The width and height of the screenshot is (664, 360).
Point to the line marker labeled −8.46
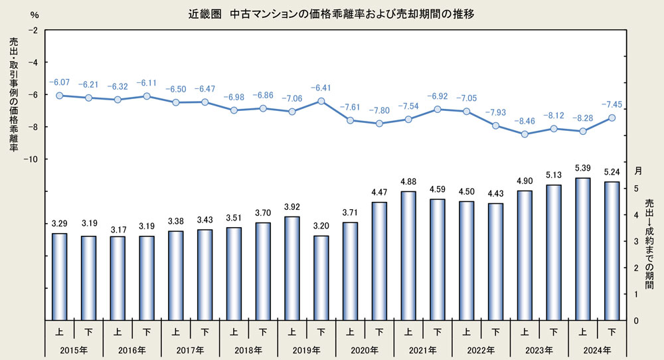coord(525,134)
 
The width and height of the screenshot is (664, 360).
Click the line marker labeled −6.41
coord(321,101)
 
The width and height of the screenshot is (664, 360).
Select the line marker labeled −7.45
coord(612,118)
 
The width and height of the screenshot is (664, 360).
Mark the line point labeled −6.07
coord(59,96)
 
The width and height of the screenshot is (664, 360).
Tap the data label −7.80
coord(379,110)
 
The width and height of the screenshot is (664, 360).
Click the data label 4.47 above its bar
coord(379,193)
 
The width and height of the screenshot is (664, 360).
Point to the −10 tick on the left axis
coord(30,159)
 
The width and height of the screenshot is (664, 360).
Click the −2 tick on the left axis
coord(32,31)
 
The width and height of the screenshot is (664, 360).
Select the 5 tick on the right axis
coord(636,189)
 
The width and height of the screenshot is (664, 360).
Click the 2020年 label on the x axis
coord(365,349)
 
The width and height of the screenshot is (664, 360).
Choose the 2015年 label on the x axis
coord(74,349)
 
